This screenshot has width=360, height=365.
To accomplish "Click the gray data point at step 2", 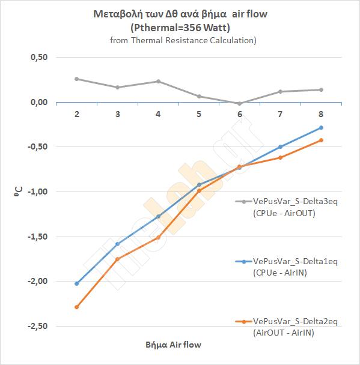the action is (77, 79).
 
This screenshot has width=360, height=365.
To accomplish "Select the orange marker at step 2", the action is (77, 307).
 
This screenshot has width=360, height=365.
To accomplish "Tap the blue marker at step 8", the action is (321, 127).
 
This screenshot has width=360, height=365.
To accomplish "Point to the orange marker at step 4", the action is (158, 238).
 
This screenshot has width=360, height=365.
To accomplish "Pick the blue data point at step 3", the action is (117, 244).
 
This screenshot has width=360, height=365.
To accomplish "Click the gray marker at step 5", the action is (199, 97).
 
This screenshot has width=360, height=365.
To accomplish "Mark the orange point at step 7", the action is (280, 158).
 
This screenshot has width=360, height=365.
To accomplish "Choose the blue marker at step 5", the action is (199, 185).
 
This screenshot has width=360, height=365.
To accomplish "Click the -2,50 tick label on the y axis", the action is (37, 326).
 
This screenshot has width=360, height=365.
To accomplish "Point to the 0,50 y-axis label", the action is (39, 57).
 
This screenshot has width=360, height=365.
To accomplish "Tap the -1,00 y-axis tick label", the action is (37, 192).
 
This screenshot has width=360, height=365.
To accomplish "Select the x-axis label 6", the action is (240, 114).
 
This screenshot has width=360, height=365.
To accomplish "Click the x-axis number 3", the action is (117, 114).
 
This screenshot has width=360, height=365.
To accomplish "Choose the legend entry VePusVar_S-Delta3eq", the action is (295, 201).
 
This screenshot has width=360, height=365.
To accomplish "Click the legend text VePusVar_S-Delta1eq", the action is (295, 261).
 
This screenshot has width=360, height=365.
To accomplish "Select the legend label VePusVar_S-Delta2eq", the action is (295, 321).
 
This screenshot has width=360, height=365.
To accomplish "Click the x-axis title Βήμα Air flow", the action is (173, 345).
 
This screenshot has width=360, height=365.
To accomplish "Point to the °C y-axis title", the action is (18, 192).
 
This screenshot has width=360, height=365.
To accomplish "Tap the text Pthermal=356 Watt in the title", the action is (180, 28).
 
